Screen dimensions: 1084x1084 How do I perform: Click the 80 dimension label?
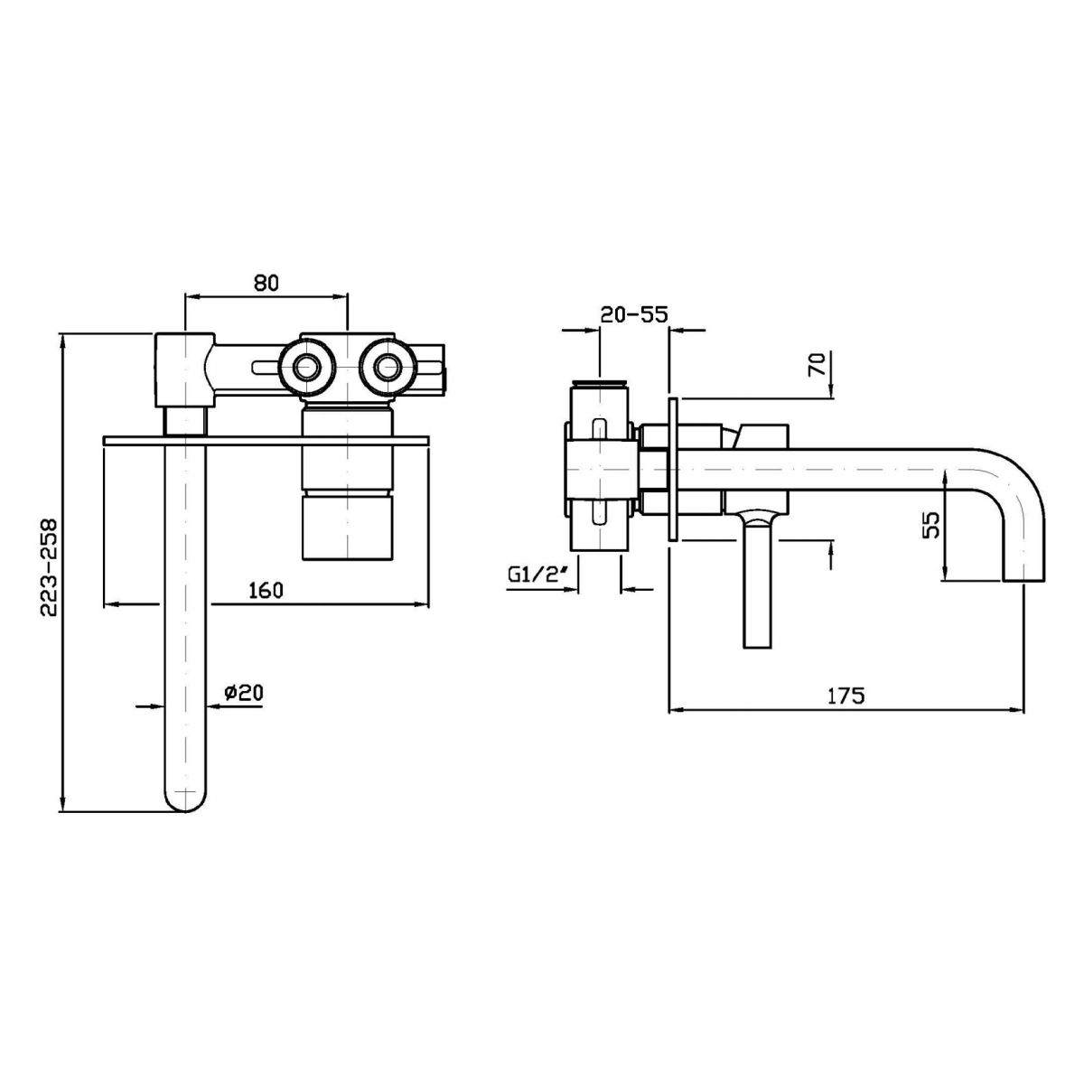tap(265, 283)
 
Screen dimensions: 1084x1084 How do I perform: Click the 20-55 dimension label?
tap(633, 314)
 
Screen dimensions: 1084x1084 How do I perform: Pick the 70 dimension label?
tap(816, 367)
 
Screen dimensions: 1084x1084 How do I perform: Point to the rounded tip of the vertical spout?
tap(186, 799)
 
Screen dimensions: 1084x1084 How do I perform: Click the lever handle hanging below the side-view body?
tap(756, 587)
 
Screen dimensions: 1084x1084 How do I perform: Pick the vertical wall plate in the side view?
tap(672, 470)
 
